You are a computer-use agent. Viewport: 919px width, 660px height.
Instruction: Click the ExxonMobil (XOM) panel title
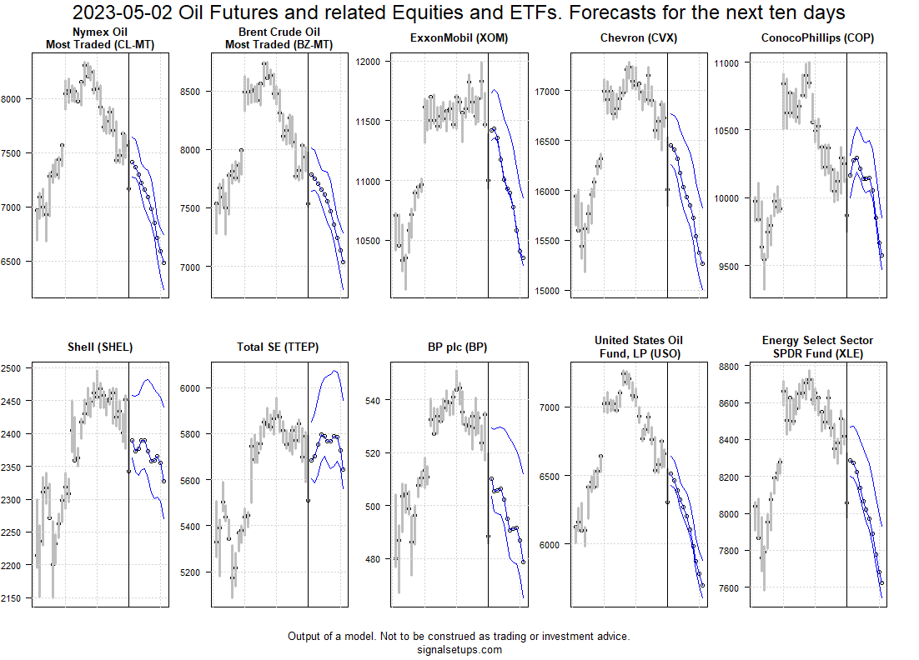point(459,38)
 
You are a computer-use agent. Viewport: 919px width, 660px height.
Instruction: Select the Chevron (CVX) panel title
point(638,38)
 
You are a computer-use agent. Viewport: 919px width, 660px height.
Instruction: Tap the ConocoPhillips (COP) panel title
point(817,38)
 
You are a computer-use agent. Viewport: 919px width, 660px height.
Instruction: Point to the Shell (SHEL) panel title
point(99,347)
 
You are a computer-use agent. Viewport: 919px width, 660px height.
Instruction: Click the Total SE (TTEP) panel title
point(279,347)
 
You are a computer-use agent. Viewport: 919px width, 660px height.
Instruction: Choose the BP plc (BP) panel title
point(459,347)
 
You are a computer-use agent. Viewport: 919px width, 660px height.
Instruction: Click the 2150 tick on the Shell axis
point(14,598)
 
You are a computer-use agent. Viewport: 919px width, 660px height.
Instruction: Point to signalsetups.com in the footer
point(459,650)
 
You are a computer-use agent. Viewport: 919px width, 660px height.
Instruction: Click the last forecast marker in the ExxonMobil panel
point(523,258)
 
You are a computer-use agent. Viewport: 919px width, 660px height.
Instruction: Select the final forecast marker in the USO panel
point(703,586)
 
